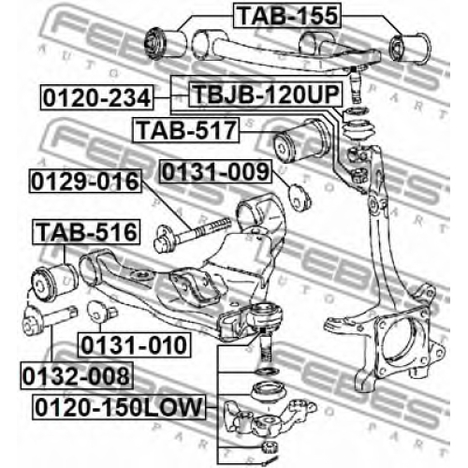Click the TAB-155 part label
coord(287,15)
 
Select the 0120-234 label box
coord(97,97)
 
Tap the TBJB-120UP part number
coord(266,94)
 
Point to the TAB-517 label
coord(186,130)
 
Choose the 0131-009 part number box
coord(215,171)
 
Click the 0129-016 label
coord(85,181)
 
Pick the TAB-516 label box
coord(86,232)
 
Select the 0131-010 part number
coord(134,344)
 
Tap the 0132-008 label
coord(77,375)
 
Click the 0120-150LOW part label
coord(119,407)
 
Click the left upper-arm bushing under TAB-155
coord(166,43)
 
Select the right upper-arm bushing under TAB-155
coord(410,48)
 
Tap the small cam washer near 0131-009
coord(300,197)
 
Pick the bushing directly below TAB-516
coord(55,283)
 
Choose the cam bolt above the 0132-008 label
coord(50,319)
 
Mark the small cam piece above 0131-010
coord(102,312)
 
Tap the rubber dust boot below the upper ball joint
coord(357,131)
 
